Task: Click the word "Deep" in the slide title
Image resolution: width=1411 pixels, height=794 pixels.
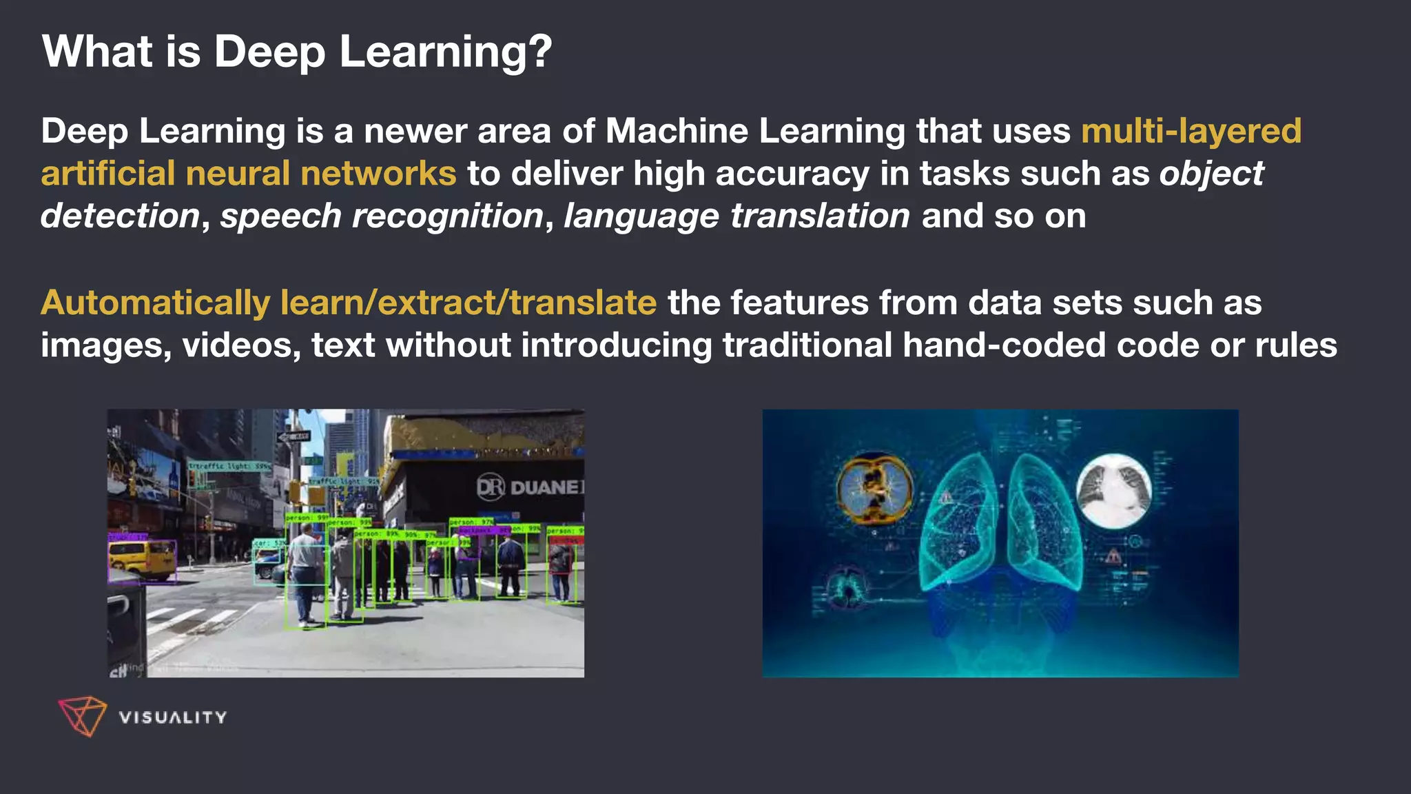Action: tap(269, 52)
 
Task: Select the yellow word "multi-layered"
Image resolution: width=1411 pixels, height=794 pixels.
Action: tap(1191, 131)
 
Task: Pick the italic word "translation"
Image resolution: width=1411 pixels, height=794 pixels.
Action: tap(820, 216)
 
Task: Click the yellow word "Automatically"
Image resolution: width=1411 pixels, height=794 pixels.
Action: tap(156, 303)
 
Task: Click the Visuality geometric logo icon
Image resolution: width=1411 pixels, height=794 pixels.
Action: tap(82, 716)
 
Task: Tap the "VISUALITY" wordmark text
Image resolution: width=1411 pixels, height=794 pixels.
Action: tap(172, 717)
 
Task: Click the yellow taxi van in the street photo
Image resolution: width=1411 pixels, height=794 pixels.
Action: tap(141, 559)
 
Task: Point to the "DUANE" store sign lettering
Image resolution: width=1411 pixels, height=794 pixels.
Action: tap(544, 487)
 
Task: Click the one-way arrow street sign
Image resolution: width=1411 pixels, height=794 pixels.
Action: tap(293, 436)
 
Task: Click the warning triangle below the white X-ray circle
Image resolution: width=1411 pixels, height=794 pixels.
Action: tap(1113, 556)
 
